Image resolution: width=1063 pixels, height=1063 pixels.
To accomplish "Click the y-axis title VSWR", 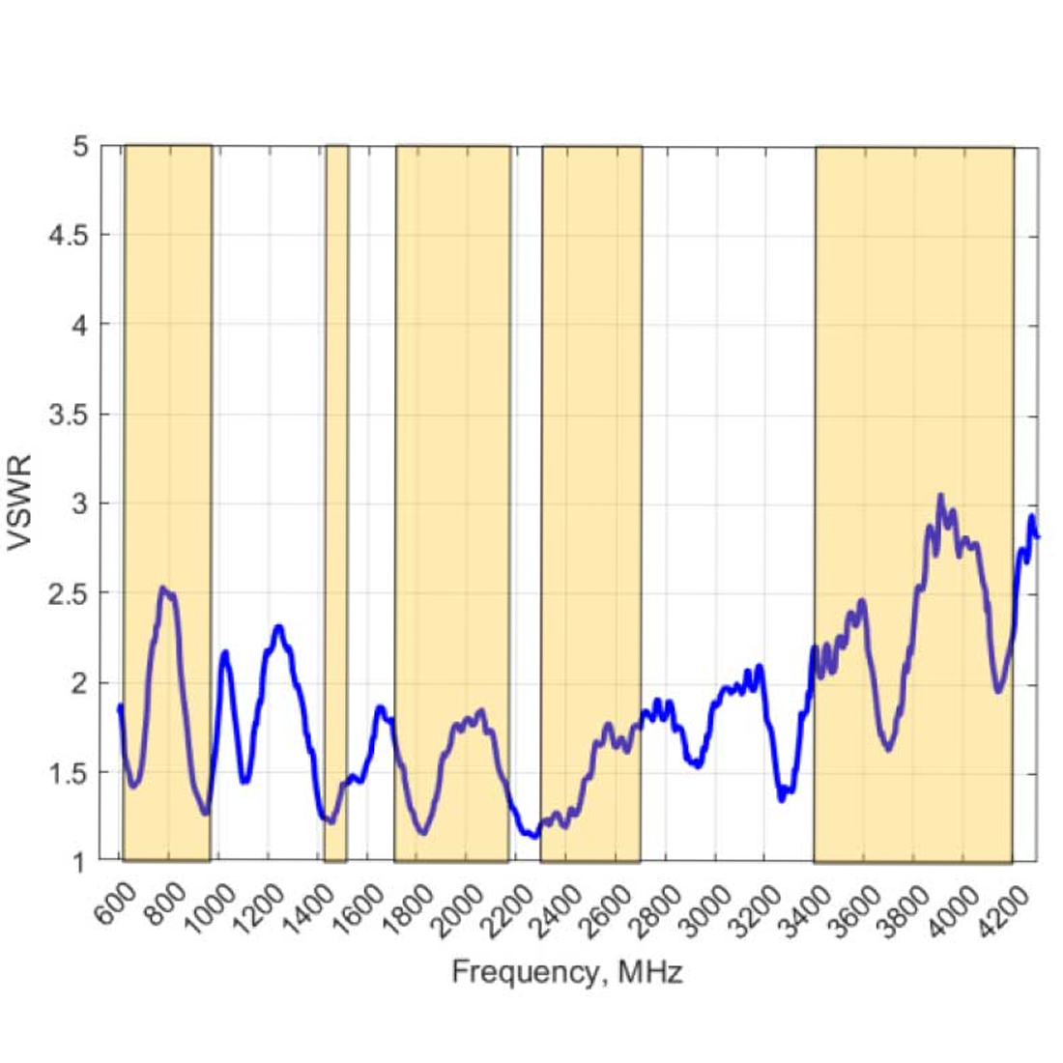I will click(x=21, y=503).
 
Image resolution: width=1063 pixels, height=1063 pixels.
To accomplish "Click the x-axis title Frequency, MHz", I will click(x=567, y=971).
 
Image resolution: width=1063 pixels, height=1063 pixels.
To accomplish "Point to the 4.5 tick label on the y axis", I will click(x=67, y=235).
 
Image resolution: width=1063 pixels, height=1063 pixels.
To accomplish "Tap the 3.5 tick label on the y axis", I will click(x=67, y=415).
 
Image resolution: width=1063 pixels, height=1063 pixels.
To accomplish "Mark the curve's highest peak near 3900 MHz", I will click(x=940, y=497).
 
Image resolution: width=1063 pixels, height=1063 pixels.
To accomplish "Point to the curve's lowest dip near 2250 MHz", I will click(x=533, y=836).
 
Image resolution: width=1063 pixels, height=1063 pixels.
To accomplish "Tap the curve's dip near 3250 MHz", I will click(x=782, y=799).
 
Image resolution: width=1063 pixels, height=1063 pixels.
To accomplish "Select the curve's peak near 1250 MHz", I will click(x=279, y=627).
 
